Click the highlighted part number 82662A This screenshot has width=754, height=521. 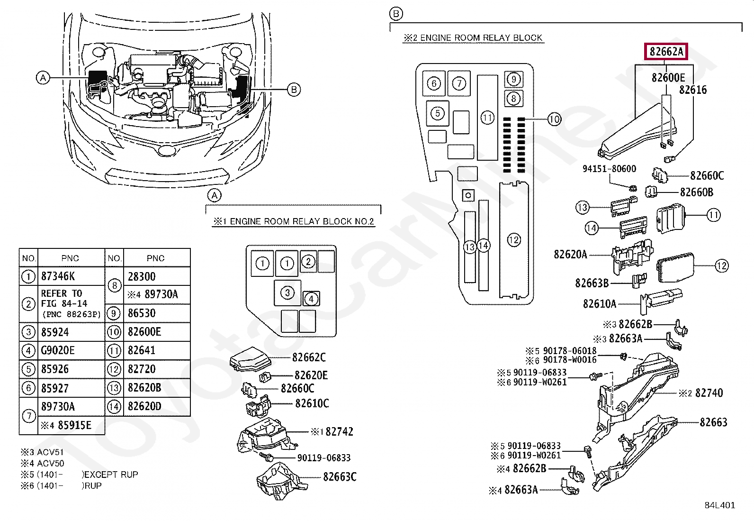click(666, 52)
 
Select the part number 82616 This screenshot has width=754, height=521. click(693, 90)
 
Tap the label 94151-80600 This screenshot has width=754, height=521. click(609, 168)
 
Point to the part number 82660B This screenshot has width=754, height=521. click(696, 192)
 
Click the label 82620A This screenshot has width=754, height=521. click(570, 254)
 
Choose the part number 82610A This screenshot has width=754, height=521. click(600, 304)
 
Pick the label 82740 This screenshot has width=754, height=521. click(709, 393)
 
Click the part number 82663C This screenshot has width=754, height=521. click(339, 476)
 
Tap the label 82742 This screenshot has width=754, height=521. click(339, 431)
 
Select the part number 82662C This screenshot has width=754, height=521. click(309, 357)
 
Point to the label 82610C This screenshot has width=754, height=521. click(312, 403)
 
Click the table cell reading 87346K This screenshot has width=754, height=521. click(71, 276)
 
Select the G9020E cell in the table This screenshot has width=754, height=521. click(71, 350)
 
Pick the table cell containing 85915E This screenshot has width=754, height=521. click(71, 425)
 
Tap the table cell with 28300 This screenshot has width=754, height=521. click(157, 276)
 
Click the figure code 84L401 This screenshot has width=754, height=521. click(720, 505)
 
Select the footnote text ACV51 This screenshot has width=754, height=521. click(50, 452)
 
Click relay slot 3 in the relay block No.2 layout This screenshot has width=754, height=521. click(287, 292)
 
